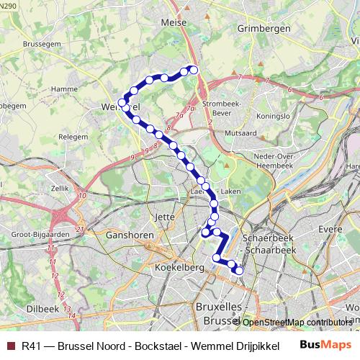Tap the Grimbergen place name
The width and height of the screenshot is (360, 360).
(263, 28)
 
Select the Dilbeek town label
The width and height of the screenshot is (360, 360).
(42, 308)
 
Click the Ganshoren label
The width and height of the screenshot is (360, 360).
(127, 234)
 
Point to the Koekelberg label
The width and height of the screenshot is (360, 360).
(176, 267)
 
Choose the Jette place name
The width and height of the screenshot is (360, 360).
(165, 215)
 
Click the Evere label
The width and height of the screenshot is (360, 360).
(330, 228)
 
